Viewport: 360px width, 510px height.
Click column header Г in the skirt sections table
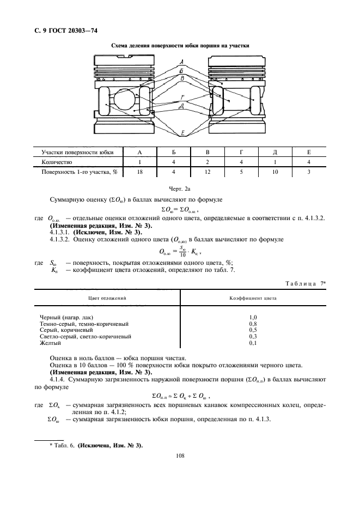click(x=241, y=153)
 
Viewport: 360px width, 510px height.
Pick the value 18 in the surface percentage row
click(x=140, y=172)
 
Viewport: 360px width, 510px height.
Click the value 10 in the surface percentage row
click(x=275, y=172)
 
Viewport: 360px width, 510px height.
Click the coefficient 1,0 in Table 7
click(x=253, y=317)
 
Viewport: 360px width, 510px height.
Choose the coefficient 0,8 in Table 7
click(x=253, y=323)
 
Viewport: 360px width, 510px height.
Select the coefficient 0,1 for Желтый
click(x=253, y=343)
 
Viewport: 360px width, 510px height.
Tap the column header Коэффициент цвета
click(x=253, y=299)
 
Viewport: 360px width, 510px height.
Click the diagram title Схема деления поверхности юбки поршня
click(x=180, y=46)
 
